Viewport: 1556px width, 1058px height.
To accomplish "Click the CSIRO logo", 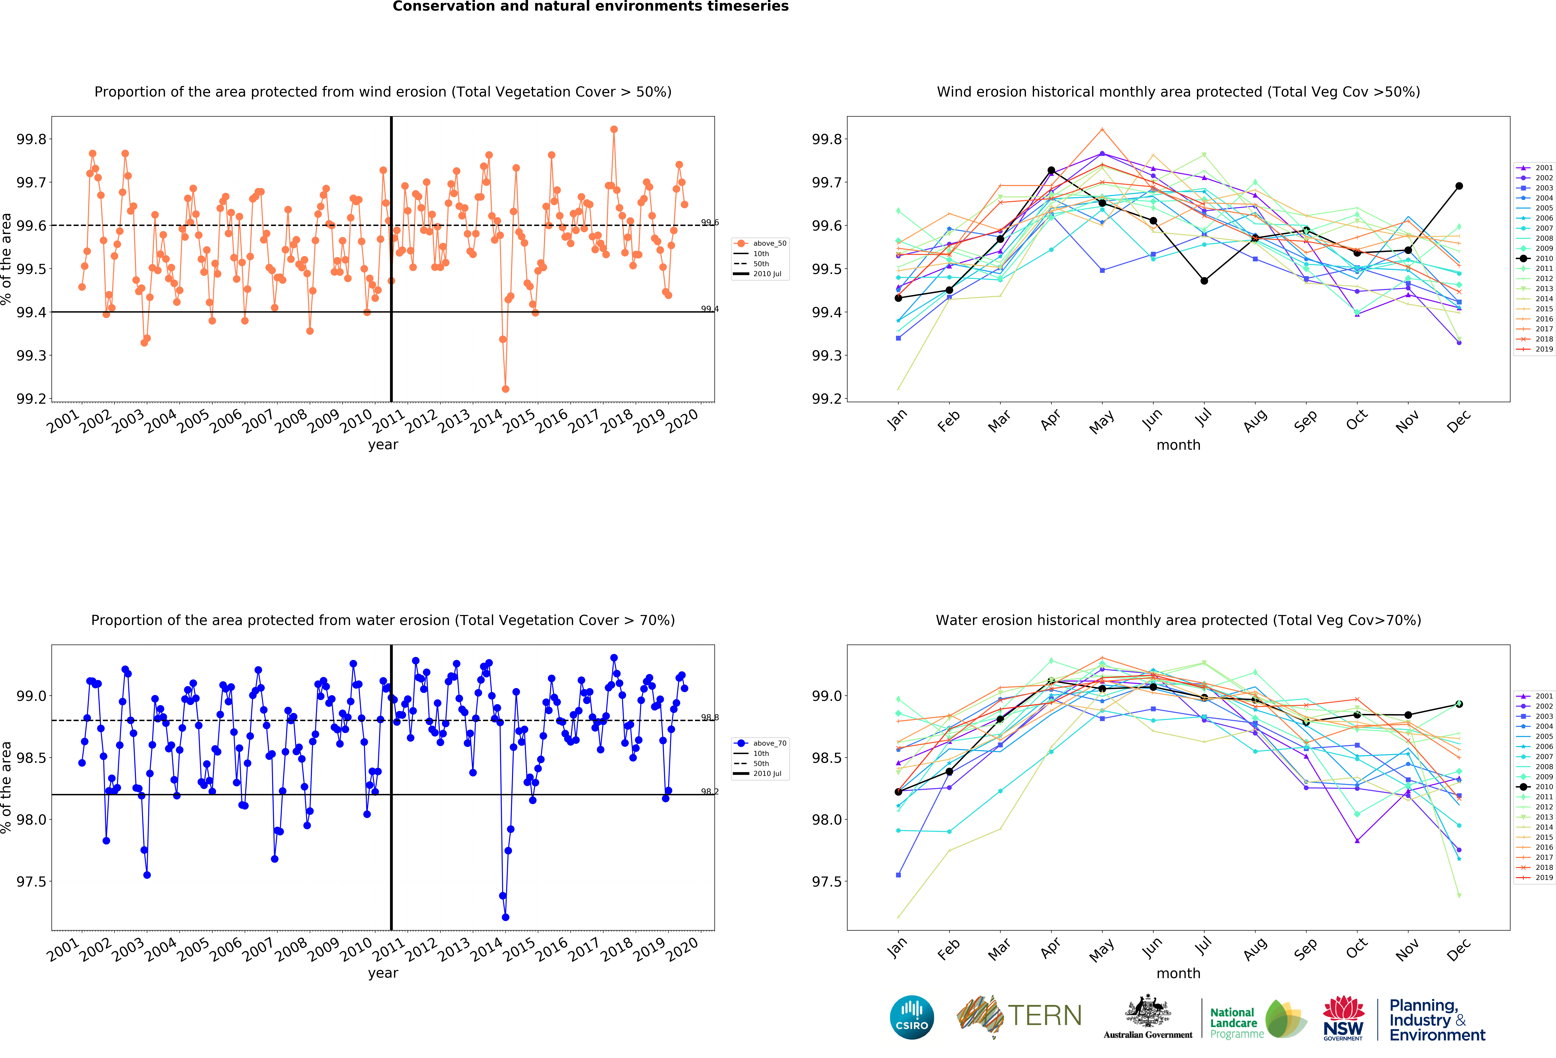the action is pos(912,1017).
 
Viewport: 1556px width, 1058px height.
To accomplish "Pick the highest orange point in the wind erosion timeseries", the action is pos(614,129).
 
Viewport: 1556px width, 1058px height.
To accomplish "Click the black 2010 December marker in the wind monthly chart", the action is pos(1459,186).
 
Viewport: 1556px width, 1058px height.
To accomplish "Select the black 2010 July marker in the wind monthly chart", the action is pos(1204,281).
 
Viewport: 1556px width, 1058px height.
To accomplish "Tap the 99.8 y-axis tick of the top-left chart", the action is pos(31,139).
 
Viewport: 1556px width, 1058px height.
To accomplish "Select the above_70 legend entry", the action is pos(761,743).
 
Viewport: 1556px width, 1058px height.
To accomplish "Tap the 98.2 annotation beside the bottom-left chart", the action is pos(710,791).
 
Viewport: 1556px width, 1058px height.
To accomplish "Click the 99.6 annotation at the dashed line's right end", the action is pos(710,222).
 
